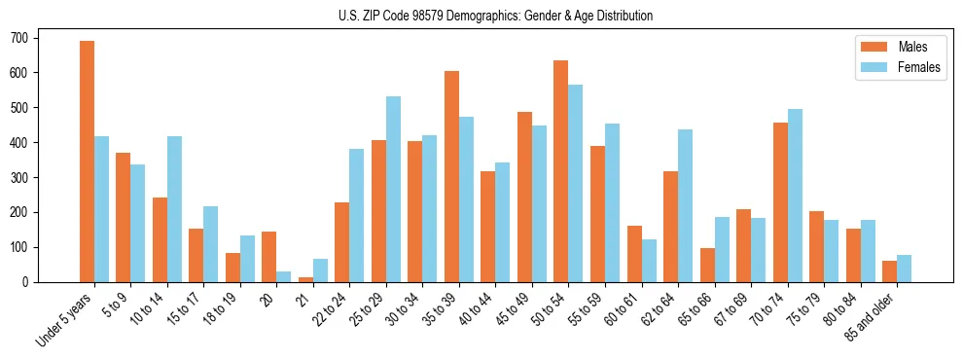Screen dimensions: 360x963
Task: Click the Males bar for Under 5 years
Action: point(87,162)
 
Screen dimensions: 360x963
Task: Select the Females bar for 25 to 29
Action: point(393,189)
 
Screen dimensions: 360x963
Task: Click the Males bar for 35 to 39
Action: point(451,176)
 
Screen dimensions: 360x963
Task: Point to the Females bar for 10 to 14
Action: point(174,209)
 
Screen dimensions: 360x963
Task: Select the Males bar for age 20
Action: point(269,257)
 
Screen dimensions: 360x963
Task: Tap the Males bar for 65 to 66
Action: point(707,265)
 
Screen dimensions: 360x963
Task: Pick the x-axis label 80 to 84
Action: point(840,309)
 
